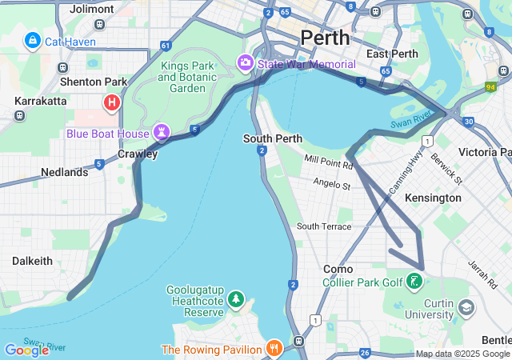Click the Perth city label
[x=325, y=38]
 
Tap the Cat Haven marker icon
[x=33, y=40]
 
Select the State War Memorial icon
[x=245, y=62]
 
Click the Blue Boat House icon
[x=162, y=132]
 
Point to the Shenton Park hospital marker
[x=112, y=102]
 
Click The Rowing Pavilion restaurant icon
[x=274, y=349]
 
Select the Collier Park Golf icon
[x=414, y=282]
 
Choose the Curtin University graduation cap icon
[x=465, y=307]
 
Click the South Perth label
[x=273, y=138]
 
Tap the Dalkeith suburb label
[x=32, y=261]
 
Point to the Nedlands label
[x=64, y=172]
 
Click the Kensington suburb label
[x=433, y=198]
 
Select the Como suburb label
[x=338, y=270]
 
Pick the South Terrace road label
[x=324, y=226]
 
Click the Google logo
[x=26, y=350]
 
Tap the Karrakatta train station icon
[x=20, y=115]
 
